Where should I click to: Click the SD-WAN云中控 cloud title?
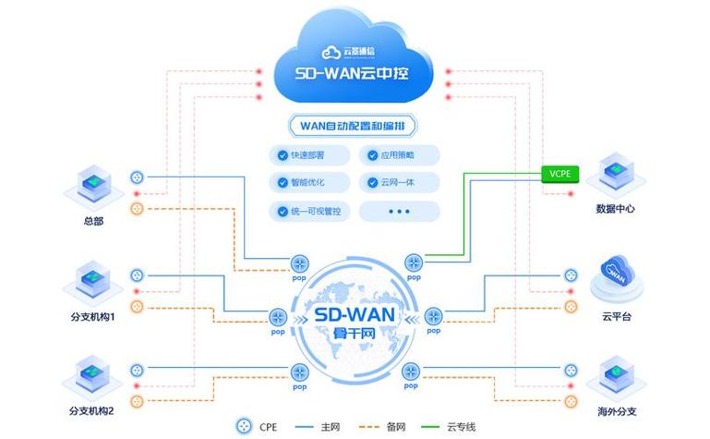pos(355,72)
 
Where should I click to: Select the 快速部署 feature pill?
pos(308,154)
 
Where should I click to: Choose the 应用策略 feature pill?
pos(399,154)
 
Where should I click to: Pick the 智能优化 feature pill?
pos(308,182)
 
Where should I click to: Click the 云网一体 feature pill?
pos(399,182)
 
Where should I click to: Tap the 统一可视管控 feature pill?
pos(308,212)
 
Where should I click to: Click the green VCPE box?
pos(560,173)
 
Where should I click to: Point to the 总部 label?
pos(92,222)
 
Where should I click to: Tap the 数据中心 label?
pos(616,209)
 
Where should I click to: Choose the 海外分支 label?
pos(616,410)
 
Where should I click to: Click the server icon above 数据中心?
pos(616,176)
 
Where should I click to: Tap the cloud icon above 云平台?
pos(616,274)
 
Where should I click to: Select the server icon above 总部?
pos(92,188)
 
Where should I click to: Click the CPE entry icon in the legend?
pos(245,427)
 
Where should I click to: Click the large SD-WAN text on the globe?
pos(355,314)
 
